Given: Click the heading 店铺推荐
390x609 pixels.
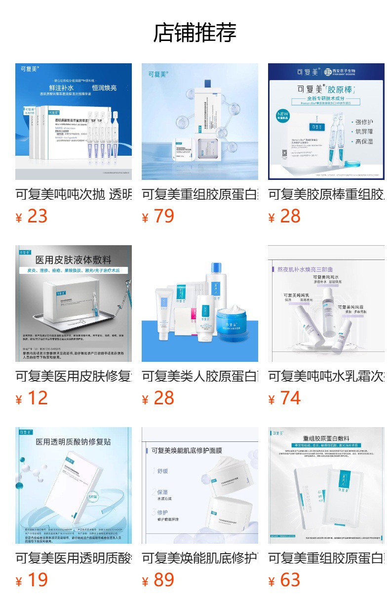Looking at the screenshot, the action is [x=195, y=33].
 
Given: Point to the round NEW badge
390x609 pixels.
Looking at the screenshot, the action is [x=285, y=118].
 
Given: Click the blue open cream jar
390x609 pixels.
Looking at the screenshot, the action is [x=232, y=317].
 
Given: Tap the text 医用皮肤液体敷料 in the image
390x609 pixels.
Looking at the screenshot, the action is [x=73, y=260].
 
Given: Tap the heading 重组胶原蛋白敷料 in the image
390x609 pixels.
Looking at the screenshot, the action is [x=326, y=438].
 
